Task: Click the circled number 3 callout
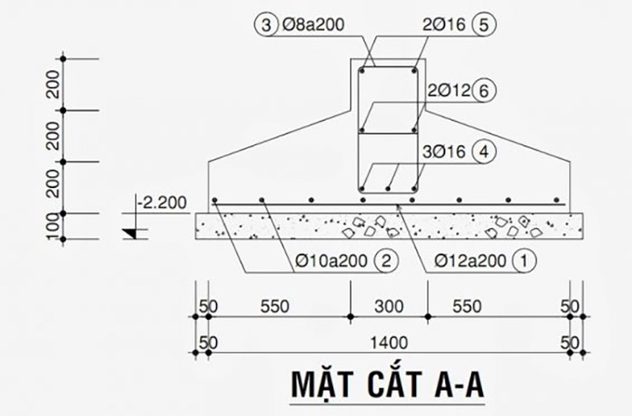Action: point(266,25)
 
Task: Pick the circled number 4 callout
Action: point(484,152)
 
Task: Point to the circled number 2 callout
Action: point(386,262)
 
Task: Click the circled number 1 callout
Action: point(524,262)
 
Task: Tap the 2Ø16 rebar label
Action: point(444,25)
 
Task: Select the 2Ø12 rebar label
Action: point(449,91)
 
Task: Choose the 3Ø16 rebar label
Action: point(444,152)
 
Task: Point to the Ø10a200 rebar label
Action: point(331,262)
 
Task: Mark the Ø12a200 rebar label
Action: point(470,262)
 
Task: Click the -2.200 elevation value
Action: point(162,203)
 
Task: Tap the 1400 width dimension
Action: point(389,343)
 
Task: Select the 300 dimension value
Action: point(389,307)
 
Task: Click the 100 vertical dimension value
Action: point(53,226)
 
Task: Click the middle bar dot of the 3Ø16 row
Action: point(388,189)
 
